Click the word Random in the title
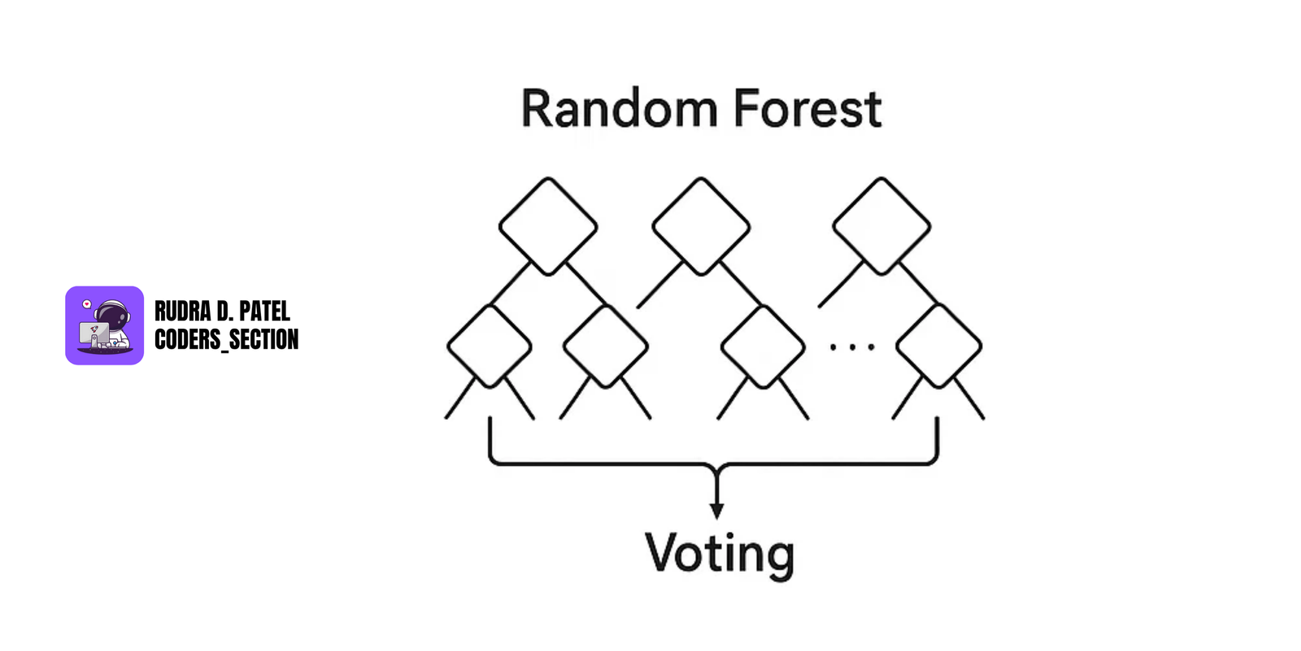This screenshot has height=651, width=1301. point(619,109)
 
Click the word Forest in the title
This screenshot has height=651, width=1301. point(807,109)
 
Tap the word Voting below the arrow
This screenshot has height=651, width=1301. point(719,554)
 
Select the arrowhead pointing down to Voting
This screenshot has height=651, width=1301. point(716,510)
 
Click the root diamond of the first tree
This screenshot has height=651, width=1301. point(548,226)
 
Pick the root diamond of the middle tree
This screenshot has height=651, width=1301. point(701,226)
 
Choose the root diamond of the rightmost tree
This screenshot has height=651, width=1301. point(881,226)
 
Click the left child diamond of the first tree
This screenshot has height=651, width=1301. point(490,347)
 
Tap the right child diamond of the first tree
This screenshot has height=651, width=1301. point(606,347)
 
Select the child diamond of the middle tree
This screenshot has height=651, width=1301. point(763,347)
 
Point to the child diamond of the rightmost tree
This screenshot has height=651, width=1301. point(939,347)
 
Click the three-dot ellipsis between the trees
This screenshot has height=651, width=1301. point(851,347)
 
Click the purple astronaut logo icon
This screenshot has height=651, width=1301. point(104,325)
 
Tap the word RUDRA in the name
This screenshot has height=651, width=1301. point(182,311)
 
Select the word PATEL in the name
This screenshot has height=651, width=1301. point(264,311)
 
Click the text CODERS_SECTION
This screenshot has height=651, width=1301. point(226,339)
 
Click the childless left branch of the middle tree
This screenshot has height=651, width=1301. point(659,285)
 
